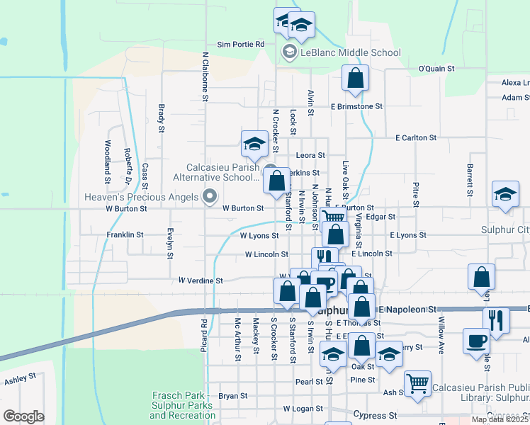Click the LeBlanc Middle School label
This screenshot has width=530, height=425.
point(350,52)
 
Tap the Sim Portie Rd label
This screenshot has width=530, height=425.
point(240,44)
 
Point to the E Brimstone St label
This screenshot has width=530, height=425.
point(356,106)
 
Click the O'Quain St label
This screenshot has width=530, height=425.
point(436,69)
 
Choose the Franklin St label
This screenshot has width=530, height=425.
point(125,234)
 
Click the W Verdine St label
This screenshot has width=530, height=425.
point(201,280)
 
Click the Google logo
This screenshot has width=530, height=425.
point(24,416)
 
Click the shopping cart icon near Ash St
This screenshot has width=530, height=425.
point(418,383)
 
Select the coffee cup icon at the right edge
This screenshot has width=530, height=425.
point(475,341)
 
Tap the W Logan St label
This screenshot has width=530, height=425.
point(303,409)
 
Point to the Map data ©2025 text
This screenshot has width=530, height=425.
point(499,419)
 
